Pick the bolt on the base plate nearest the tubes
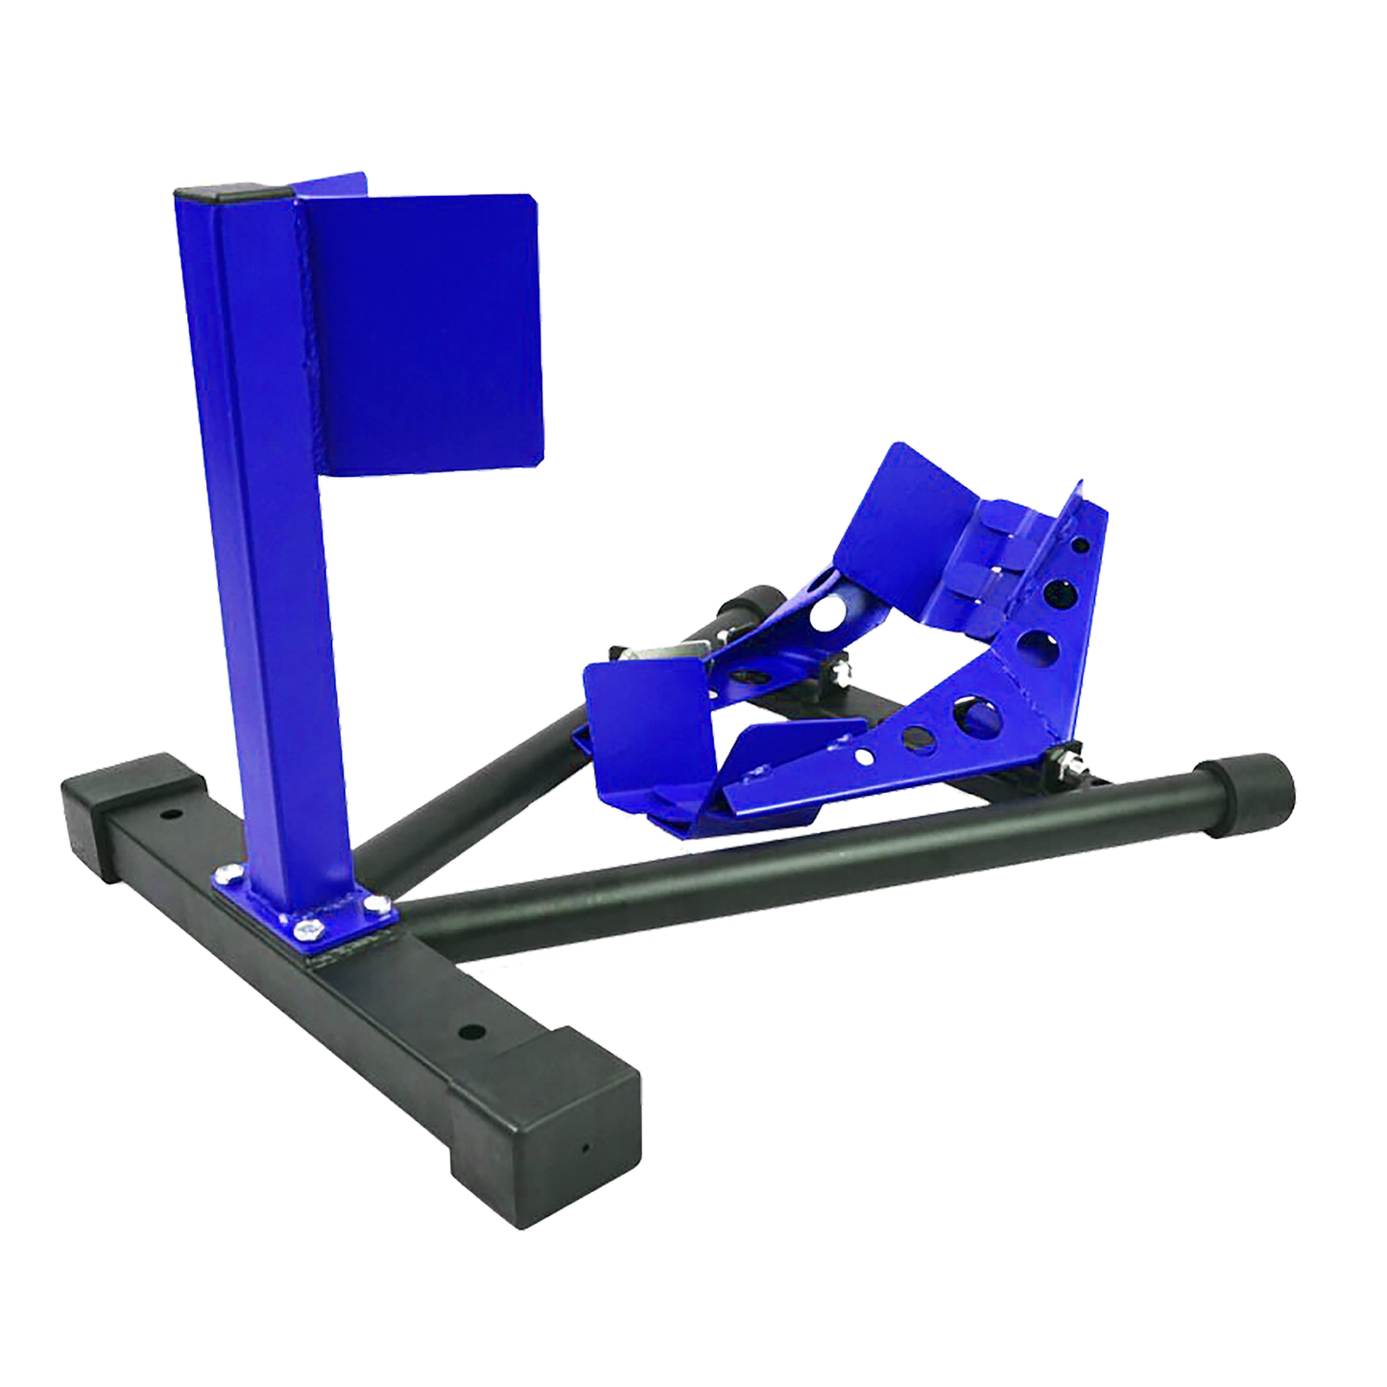tap(375, 902)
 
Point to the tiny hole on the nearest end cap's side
tap(583, 1147)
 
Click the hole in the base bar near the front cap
tap(470, 1033)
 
